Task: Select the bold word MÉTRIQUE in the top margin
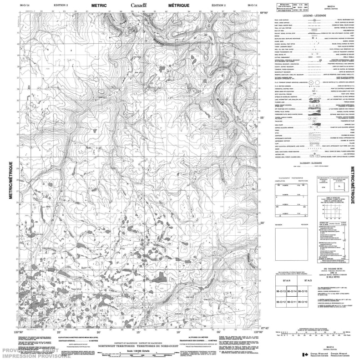pos(177,5)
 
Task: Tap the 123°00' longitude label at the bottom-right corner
pos(258,333)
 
